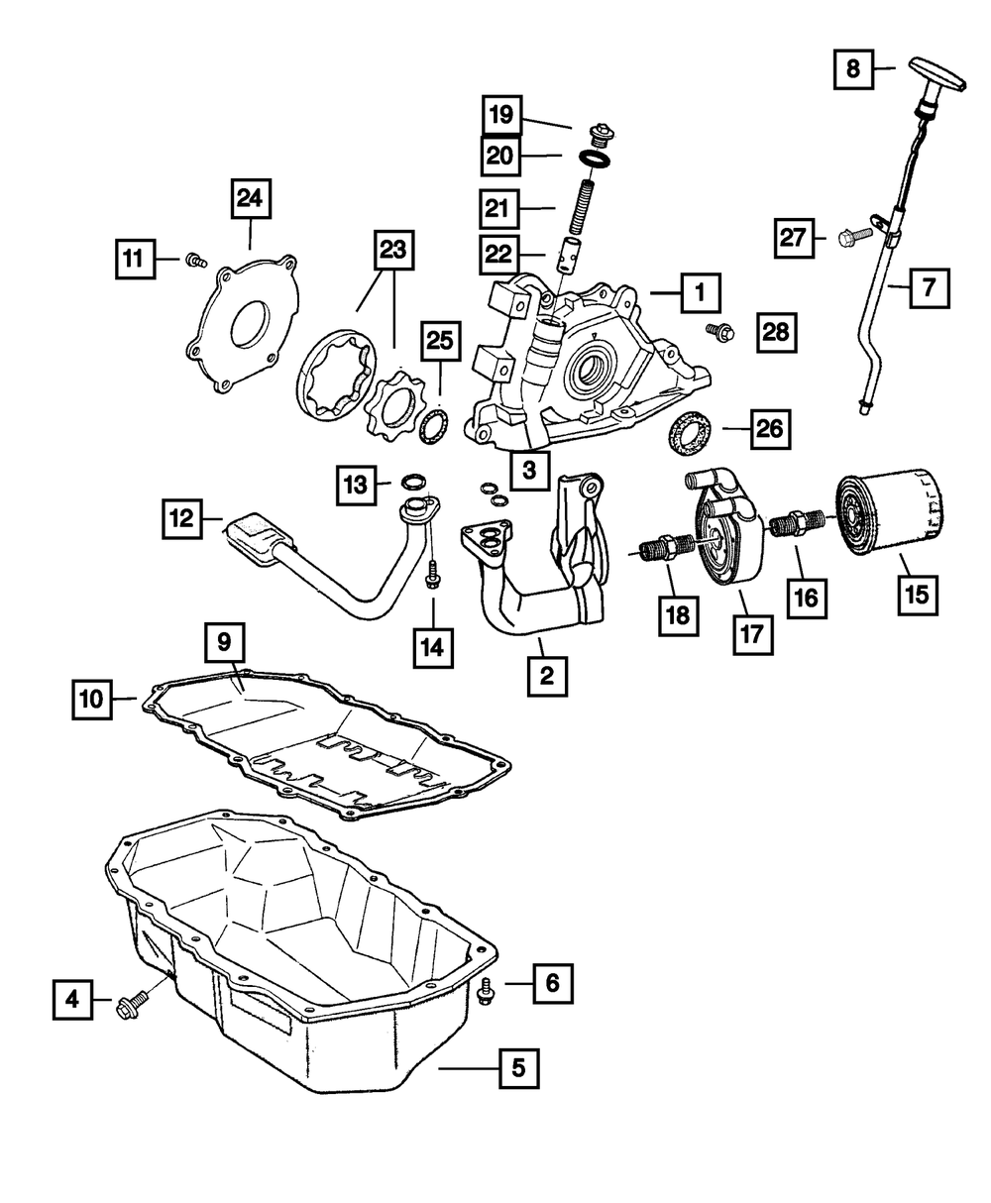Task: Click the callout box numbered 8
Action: point(853,69)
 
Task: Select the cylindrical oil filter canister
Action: point(890,512)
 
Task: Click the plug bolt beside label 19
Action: point(601,135)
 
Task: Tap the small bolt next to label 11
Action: point(196,261)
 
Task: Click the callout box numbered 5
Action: point(518,1068)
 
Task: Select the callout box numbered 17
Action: point(753,634)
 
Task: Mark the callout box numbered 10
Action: point(92,700)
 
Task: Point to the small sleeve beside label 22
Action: point(571,256)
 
